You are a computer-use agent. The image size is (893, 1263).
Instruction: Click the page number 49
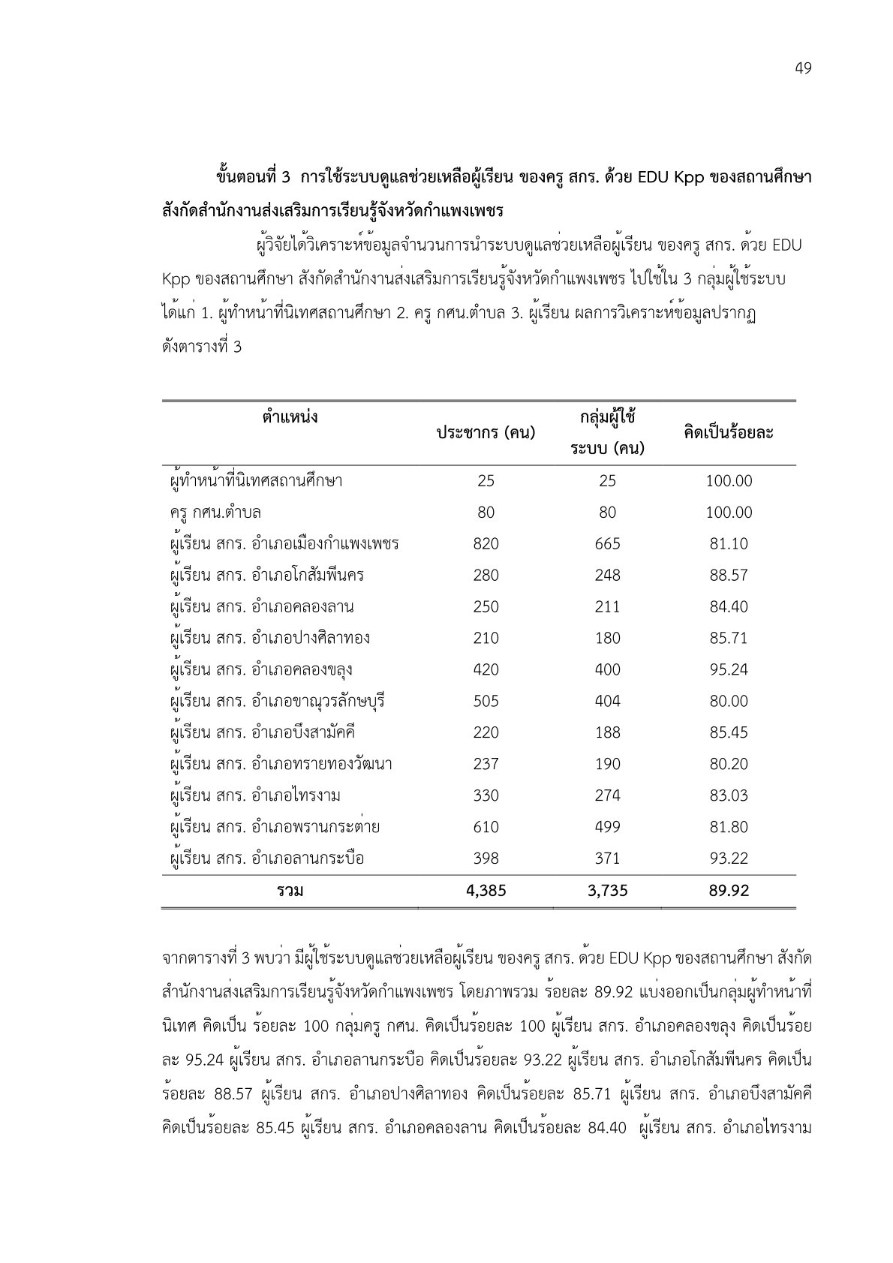[802, 69]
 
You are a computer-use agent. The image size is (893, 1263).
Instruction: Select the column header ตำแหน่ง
[290, 416]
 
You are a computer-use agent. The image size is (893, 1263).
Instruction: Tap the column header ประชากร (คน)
[486, 433]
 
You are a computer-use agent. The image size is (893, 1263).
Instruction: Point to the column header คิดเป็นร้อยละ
[728, 433]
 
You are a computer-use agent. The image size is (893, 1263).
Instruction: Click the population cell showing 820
[486, 544]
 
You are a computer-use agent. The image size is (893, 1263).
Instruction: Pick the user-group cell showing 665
[607, 544]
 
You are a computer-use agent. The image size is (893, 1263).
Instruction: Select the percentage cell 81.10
[729, 544]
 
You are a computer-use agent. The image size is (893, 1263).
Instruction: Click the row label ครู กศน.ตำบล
[216, 513]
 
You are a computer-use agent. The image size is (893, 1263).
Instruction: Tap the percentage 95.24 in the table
[729, 669]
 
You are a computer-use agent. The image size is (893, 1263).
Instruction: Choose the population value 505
[486, 701]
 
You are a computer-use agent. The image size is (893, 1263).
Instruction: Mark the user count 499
[607, 827]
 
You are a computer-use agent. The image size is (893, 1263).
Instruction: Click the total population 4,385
[486, 891]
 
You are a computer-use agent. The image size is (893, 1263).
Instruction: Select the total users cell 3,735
[607, 891]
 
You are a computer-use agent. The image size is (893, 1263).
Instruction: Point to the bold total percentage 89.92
[729, 891]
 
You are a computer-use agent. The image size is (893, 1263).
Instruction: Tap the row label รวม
[290, 891]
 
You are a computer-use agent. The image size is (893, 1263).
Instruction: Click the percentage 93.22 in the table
[729, 859]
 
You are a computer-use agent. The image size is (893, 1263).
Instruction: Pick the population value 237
[486, 764]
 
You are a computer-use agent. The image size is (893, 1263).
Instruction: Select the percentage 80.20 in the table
[729, 764]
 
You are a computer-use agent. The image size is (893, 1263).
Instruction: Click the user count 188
[607, 732]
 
